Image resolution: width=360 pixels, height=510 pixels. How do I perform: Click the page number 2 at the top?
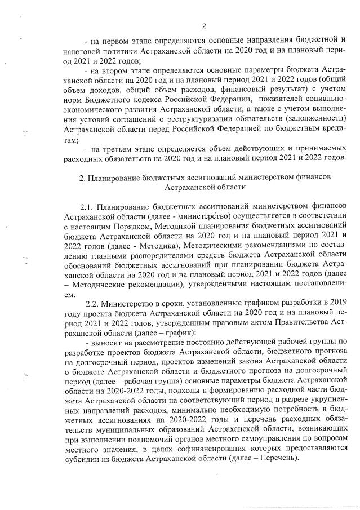[x=204, y=25]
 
